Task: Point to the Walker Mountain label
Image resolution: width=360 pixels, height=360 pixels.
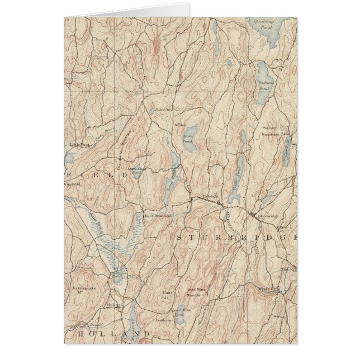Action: [270, 131]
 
